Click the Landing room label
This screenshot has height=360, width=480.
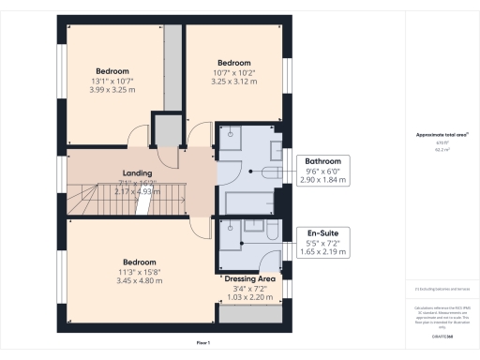coord(138,173)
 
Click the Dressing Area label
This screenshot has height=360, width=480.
coord(248,278)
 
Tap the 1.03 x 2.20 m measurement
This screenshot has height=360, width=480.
coord(248,297)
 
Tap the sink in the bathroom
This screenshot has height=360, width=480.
coord(276,150)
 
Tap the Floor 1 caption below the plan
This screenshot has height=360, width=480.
coord(202,344)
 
